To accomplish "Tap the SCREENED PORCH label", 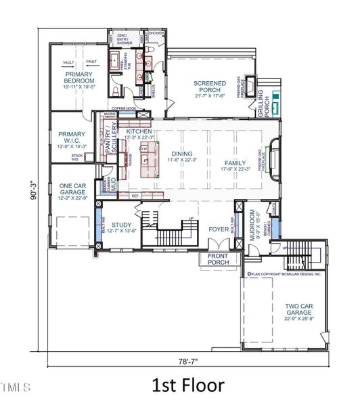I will (x=210, y=87).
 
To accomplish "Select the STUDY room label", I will (x=122, y=228).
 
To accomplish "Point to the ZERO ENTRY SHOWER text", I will (x=127, y=38).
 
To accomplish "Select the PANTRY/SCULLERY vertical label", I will (x=110, y=143).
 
